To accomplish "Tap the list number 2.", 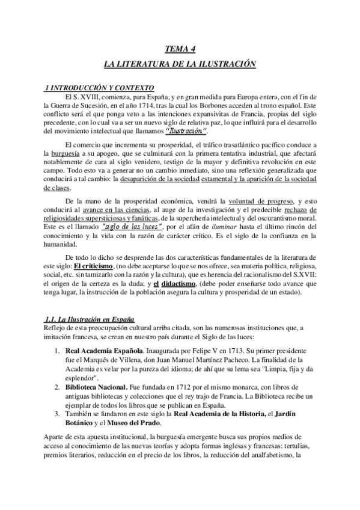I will [x=55, y=389].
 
